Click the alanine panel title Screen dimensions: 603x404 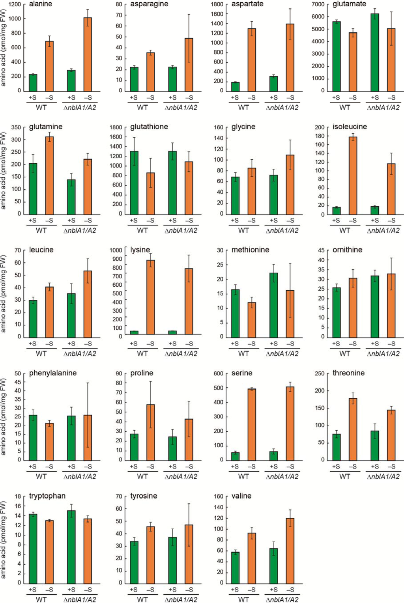[x=40, y=4]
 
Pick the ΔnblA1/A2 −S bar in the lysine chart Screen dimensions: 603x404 [x=189, y=302]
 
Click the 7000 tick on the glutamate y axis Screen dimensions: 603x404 [x=318, y=4]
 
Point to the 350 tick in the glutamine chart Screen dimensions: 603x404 [x=16, y=127]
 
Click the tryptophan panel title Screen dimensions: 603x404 [x=47, y=496]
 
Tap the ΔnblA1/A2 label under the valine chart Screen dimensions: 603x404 [x=282, y=599]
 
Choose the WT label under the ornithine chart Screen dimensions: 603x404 [x=344, y=353]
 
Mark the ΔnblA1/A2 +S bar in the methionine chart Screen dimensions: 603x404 [x=274, y=305]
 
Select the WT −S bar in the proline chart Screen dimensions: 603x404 [x=150, y=432]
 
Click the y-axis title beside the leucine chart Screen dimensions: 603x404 [x=4, y=293]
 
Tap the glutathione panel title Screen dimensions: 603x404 [x=149, y=127]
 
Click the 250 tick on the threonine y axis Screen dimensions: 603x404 [x=320, y=373]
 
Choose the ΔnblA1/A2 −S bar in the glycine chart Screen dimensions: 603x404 [x=290, y=185]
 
